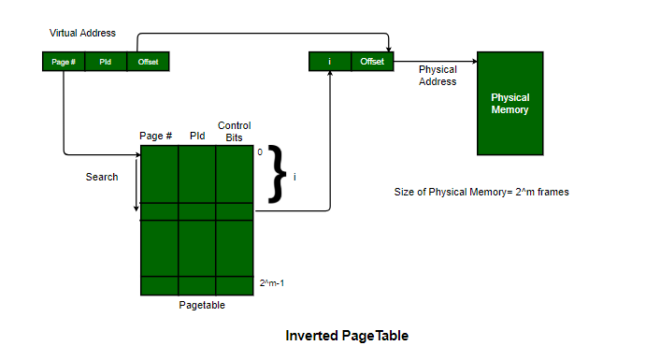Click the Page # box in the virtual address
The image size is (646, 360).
tap(64, 62)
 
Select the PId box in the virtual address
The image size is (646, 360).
tap(106, 62)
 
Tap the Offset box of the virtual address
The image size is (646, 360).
tap(149, 62)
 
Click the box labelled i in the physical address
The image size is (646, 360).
tap(330, 62)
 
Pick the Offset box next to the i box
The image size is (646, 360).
tap(372, 62)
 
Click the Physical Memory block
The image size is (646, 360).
tap(510, 104)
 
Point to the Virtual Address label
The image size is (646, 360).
tap(82, 33)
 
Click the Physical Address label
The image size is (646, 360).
tap(438, 76)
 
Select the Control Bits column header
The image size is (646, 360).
tap(234, 132)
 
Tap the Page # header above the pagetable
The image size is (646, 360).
tap(155, 136)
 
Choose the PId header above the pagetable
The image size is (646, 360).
tap(197, 136)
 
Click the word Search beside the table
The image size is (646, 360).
tap(102, 177)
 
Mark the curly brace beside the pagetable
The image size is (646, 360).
tap(278, 174)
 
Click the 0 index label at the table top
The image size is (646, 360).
tap(260, 152)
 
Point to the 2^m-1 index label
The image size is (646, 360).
tap(272, 283)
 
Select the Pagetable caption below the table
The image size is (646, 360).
tap(202, 305)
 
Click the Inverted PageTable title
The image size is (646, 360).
tap(347, 336)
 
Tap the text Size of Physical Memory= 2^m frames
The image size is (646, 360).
tap(481, 192)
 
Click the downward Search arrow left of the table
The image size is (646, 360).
tap(136, 185)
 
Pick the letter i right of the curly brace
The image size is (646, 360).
tap(294, 177)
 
